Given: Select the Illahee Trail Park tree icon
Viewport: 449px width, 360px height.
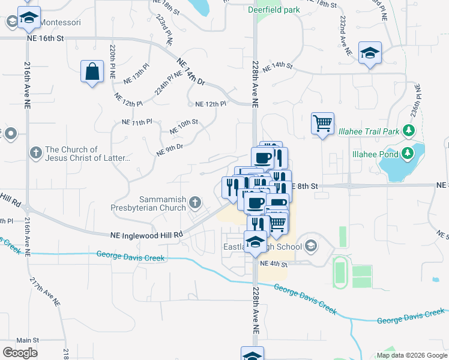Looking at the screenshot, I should pyautogui.click(x=409, y=130).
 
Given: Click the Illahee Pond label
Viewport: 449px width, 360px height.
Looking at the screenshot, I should pyautogui.click(x=372, y=153).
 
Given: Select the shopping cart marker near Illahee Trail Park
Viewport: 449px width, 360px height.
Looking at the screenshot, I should pyautogui.click(x=322, y=124).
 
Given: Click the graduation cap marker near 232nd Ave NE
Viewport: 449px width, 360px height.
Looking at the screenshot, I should pyautogui.click(x=370, y=53).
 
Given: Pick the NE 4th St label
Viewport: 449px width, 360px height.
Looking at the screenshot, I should pyautogui.click(x=273, y=263).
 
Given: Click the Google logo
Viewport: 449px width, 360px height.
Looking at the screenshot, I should pyautogui.click(x=20, y=353).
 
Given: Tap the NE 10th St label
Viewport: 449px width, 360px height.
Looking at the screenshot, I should pyautogui.click(x=184, y=127).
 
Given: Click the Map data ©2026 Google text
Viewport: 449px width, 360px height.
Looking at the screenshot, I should pyautogui.click(x=412, y=355).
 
